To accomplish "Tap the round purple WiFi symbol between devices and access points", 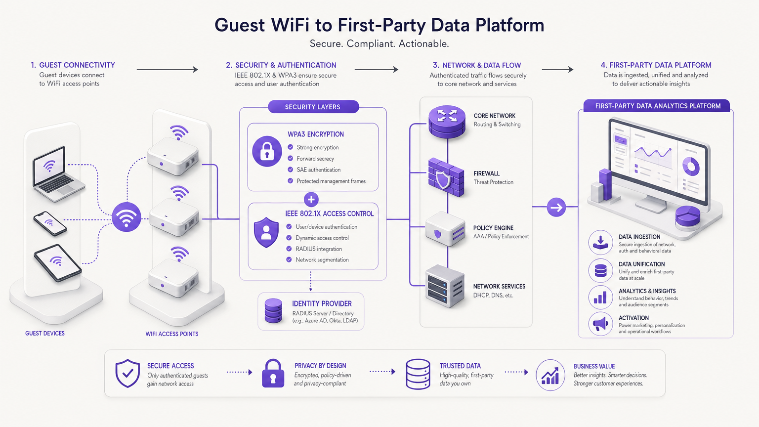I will (x=126, y=217).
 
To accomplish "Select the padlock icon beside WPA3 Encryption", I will (x=267, y=151).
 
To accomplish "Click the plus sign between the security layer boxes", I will (x=311, y=200).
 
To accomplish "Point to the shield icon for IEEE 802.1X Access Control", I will (x=266, y=232).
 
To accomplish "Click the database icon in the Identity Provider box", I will (x=273, y=311).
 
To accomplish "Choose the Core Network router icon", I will (x=447, y=121).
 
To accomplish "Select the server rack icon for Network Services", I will (x=444, y=286).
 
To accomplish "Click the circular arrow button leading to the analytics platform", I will (x=556, y=207).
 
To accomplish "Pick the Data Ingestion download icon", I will (x=600, y=243).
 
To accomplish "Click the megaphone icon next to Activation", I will (x=600, y=324).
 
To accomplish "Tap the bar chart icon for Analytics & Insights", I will (x=600, y=297).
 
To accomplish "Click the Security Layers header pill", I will (x=313, y=107).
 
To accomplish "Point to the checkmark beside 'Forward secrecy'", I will (x=291, y=159).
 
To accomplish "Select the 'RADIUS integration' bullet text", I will (x=319, y=249).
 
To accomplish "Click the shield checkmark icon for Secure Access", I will (x=127, y=373).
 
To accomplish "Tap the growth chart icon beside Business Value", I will (x=550, y=375).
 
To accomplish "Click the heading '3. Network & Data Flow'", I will (x=477, y=65).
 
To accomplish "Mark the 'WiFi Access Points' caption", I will (x=172, y=334).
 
